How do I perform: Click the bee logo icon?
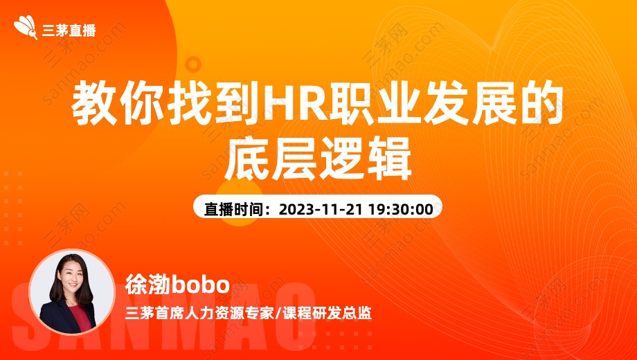coord(26,27)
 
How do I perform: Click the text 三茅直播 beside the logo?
coord(69,30)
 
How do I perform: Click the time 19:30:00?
coord(401,209)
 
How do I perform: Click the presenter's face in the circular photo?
coord(71,277)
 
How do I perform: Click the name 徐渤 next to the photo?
coord(147,285)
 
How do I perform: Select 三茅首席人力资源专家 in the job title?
coord(199,314)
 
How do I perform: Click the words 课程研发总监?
coord(327,314)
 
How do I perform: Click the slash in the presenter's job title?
coord(278,314)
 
